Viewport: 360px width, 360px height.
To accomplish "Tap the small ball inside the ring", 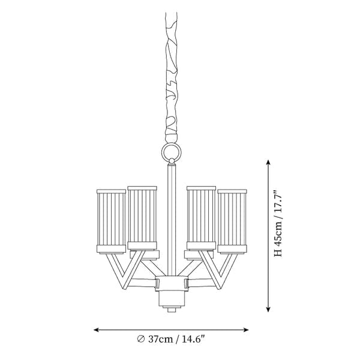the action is (x=171, y=160).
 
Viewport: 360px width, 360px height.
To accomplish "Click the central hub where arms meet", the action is (x=172, y=283).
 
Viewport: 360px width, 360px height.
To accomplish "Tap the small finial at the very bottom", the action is (x=172, y=310).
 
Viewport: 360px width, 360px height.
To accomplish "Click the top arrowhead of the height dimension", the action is (x=268, y=163).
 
